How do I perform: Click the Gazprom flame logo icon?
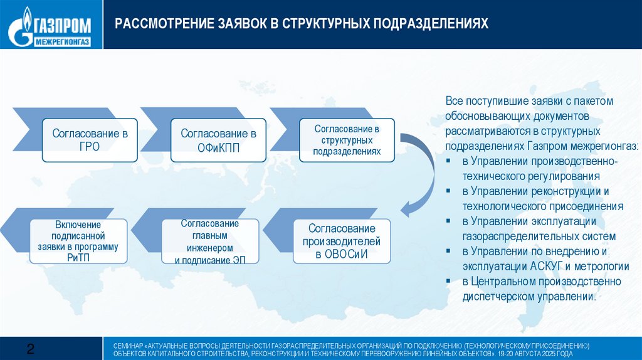26,24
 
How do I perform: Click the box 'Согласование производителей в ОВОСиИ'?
342,241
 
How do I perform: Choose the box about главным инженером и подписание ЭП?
210,241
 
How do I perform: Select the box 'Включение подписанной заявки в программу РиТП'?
78,241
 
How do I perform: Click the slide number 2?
29,349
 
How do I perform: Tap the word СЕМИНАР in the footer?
127,346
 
